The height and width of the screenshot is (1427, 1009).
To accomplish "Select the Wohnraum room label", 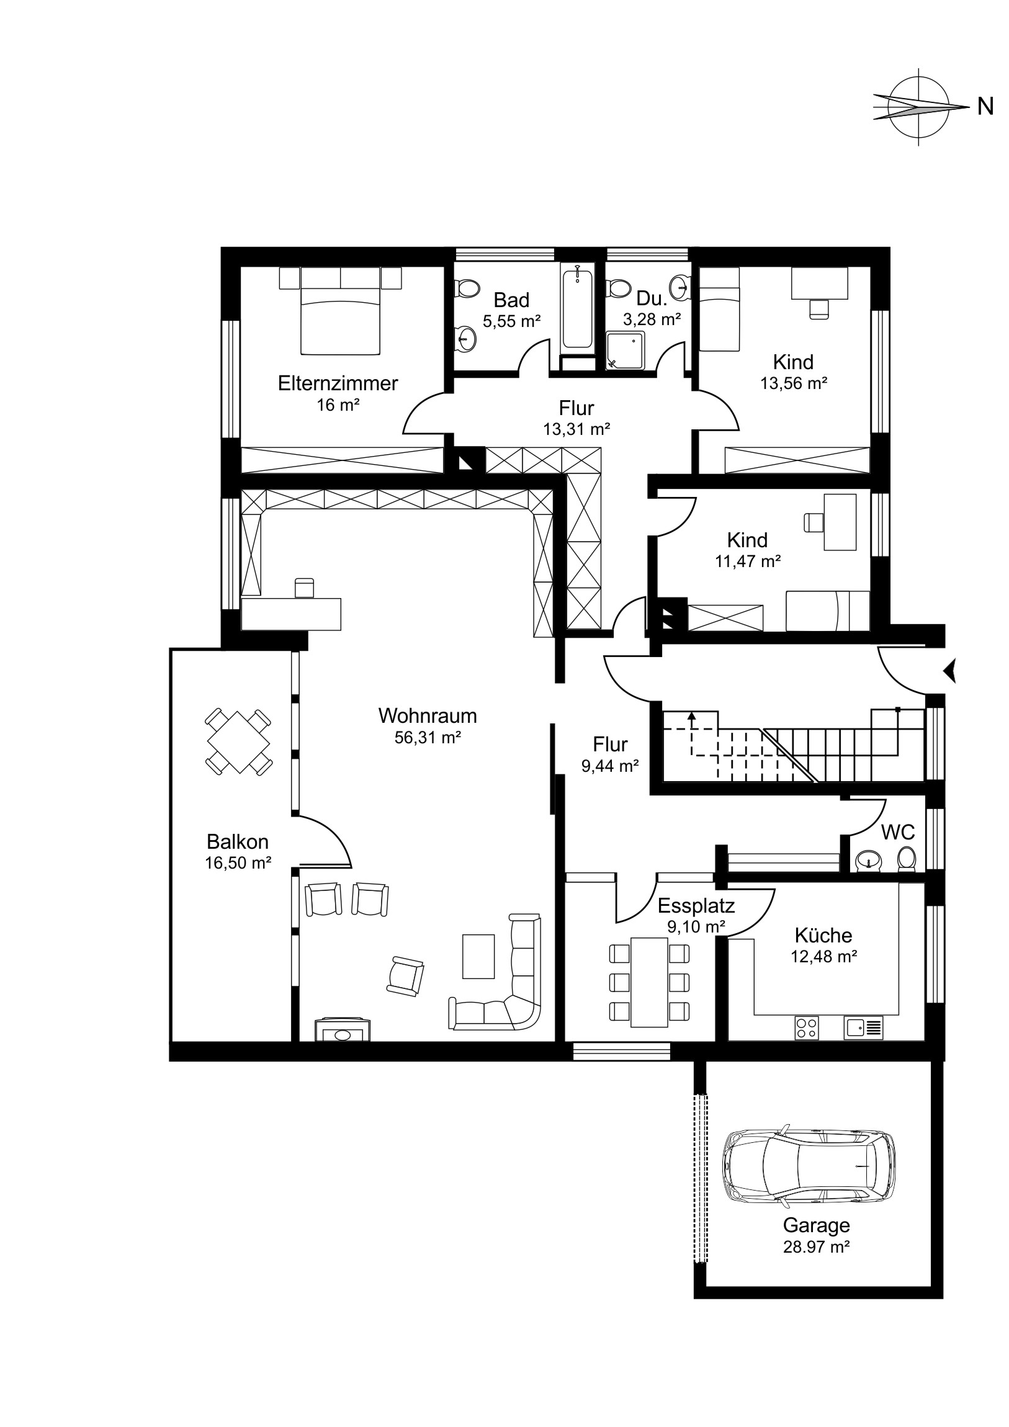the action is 428,715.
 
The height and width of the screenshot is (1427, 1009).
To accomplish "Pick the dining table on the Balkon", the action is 239,741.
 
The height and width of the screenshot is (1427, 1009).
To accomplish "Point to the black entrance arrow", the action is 949,671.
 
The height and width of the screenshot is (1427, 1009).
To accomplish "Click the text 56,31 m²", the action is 428,738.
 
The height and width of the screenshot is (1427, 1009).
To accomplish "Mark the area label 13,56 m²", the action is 794,383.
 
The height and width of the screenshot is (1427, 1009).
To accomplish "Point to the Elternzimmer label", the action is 338,383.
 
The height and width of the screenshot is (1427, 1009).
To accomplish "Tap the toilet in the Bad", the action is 467,289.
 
